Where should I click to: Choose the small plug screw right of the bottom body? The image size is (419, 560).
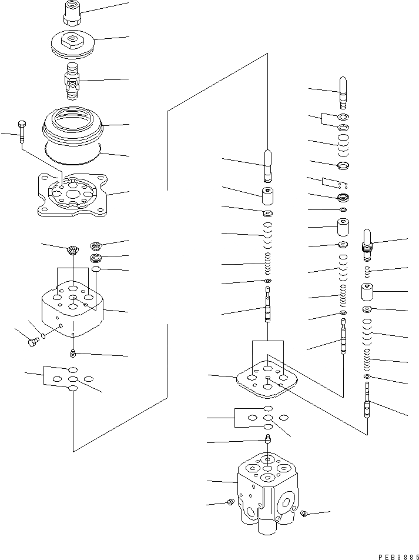tap(304, 515)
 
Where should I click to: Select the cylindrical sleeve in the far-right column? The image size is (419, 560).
tap(368, 292)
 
